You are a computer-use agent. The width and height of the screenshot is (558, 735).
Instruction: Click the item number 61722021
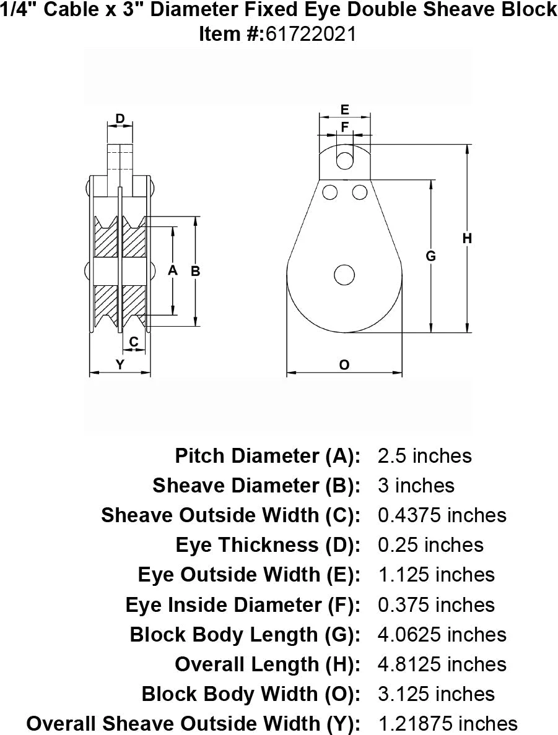tap(312, 34)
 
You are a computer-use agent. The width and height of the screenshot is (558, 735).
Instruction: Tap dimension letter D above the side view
tap(120, 118)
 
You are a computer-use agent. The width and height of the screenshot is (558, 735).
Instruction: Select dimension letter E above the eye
tap(345, 110)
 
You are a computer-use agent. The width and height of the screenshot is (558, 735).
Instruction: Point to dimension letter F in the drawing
tap(345, 127)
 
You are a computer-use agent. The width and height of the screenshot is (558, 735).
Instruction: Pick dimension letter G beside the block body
tap(432, 256)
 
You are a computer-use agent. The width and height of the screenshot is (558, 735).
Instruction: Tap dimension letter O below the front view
tap(344, 365)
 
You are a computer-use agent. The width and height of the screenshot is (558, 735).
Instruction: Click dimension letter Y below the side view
tap(120, 365)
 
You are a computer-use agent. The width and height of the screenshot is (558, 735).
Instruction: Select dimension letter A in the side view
tap(173, 270)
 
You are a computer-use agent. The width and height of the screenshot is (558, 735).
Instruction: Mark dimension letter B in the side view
tap(195, 270)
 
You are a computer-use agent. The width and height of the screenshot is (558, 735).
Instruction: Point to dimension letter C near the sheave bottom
tap(134, 341)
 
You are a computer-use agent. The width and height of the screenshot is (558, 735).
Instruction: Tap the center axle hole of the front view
tap(344, 274)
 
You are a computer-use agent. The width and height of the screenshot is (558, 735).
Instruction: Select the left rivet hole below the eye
tap(330, 192)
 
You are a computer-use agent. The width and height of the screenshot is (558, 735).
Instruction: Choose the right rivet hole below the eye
tap(359, 192)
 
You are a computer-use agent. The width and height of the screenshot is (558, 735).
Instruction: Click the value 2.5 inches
tap(424, 456)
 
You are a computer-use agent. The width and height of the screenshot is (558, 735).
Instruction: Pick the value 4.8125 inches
tap(442, 664)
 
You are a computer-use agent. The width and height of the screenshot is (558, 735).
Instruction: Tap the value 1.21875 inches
tap(447, 723)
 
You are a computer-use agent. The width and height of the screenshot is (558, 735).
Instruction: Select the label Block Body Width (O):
tap(251, 694)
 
